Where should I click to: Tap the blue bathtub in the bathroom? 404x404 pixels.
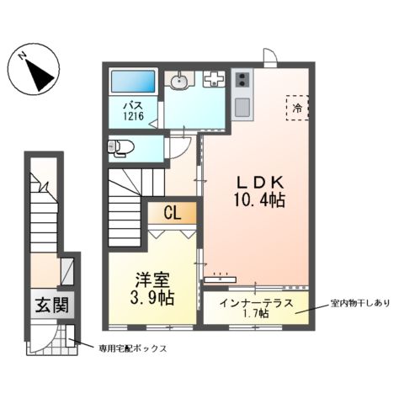pos(135,82)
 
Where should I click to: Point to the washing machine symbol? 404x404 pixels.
pos(213,81)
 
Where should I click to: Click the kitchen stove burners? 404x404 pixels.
pos(242,82)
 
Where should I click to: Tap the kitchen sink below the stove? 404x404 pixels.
pos(242,108)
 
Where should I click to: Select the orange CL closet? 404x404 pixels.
pos(173,213)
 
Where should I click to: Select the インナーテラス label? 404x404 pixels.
pos(252,301)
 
